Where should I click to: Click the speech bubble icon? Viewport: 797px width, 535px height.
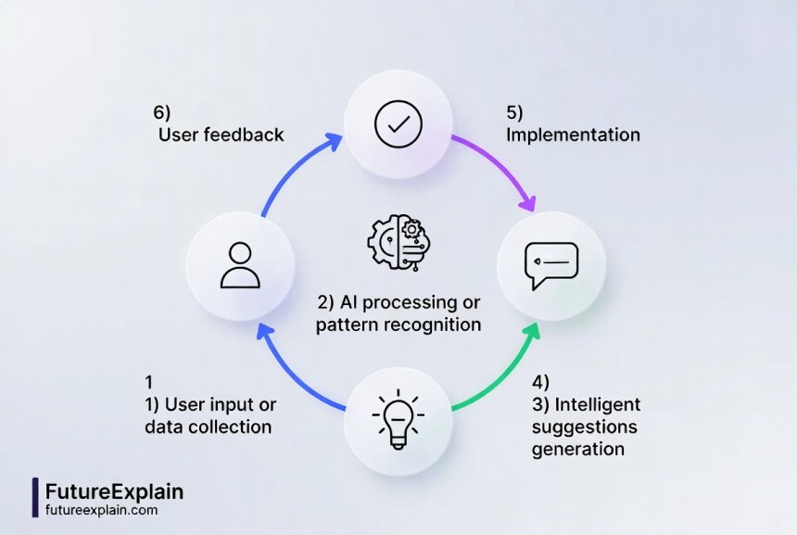550,264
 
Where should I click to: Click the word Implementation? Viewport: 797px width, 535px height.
573,135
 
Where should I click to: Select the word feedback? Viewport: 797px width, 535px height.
245,135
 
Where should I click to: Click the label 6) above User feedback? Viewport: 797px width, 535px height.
162,112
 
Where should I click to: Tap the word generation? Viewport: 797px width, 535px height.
577,449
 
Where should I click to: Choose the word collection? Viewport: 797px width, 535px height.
230,427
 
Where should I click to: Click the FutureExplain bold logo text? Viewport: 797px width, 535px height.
114,490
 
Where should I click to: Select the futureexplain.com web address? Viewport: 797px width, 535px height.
101,510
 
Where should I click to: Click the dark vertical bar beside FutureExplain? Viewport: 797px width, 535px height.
35,498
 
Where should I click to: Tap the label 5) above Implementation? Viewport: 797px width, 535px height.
514,112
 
